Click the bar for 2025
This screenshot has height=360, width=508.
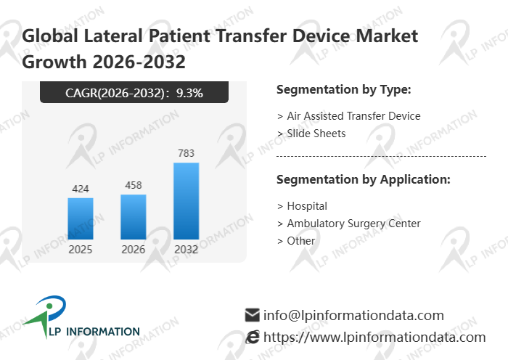[81, 218]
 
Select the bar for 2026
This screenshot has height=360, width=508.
[134, 216]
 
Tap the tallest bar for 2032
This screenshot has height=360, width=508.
[187, 200]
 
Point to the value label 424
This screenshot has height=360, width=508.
[81, 189]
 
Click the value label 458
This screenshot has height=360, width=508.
[134, 185]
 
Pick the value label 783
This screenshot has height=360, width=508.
[187, 153]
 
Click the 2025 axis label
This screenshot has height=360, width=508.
[81, 249]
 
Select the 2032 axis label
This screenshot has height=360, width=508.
[187, 249]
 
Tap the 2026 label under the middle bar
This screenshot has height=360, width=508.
[134, 249]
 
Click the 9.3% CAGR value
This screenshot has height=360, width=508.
[200, 92]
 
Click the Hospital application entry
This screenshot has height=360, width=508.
[307, 205]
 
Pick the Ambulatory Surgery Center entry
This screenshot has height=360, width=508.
[353, 224]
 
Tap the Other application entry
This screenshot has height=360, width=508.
[301, 240]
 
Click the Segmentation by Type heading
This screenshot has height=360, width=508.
[344, 90]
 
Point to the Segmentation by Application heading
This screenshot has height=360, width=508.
[364, 179]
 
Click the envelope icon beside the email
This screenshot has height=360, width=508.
[252, 315]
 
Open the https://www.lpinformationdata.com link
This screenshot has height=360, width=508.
[374, 337]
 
